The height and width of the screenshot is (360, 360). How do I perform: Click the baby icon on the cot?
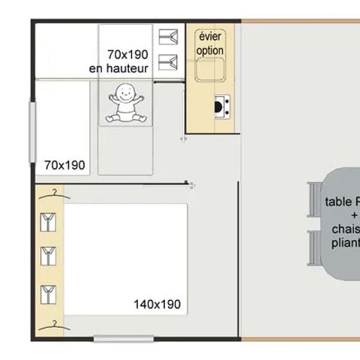(x=125, y=103)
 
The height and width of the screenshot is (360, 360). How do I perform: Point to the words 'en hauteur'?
(x=118, y=68)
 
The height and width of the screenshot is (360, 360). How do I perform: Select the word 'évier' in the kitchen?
(x=211, y=37)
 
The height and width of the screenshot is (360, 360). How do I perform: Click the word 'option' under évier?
(x=211, y=50)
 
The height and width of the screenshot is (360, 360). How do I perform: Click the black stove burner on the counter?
(x=221, y=106)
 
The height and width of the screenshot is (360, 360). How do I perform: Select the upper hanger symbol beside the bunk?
(x=166, y=37)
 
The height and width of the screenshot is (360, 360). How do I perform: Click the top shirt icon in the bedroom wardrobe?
(x=49, y=223)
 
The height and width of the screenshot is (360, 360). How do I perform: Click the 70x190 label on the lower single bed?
(x=64, y=165)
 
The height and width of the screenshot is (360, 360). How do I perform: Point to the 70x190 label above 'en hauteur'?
(x=127, y=55)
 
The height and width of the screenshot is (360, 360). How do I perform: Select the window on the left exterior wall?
(x=32, y=130)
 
